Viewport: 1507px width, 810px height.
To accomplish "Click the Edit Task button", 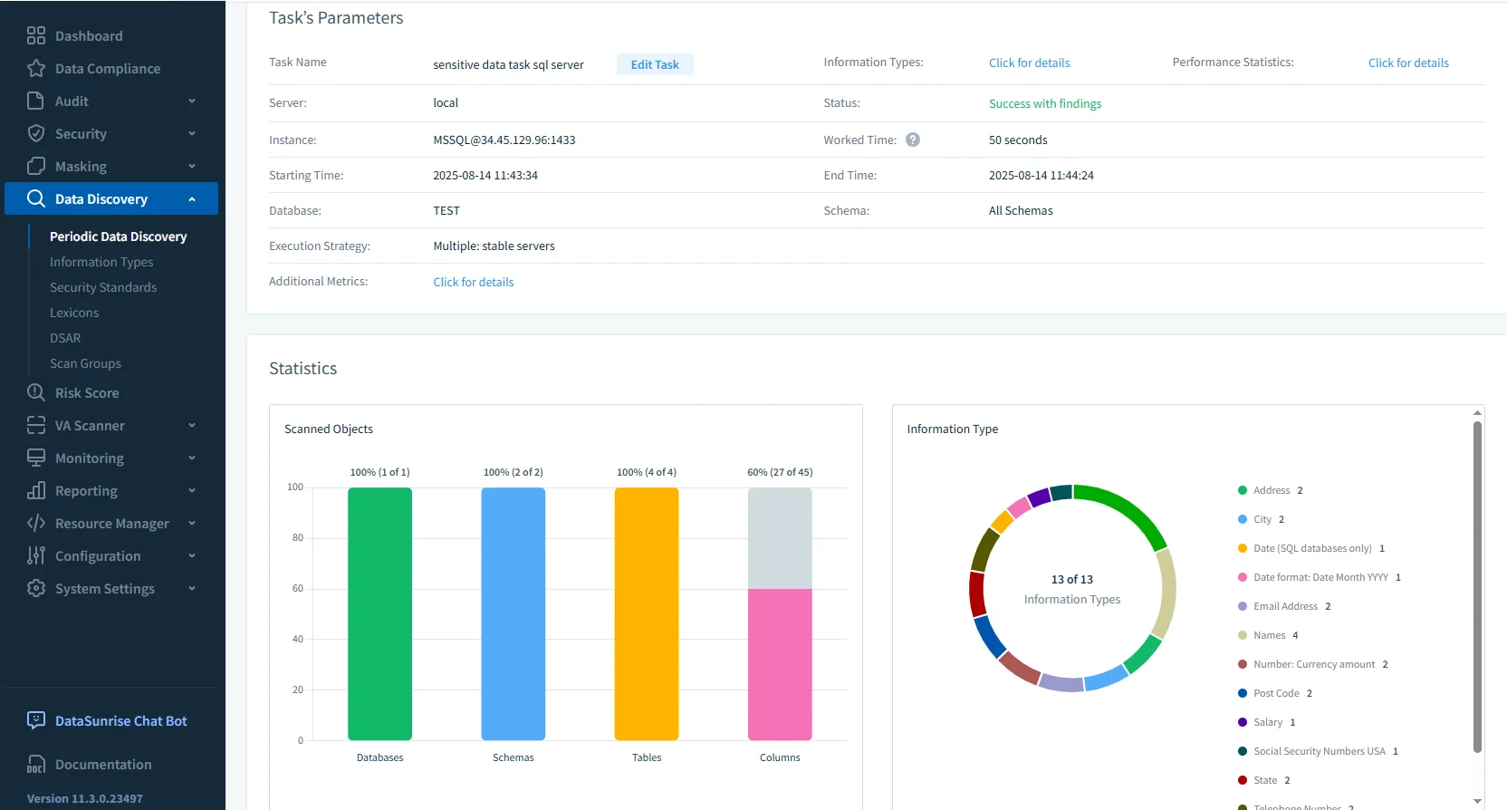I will click(655, 64).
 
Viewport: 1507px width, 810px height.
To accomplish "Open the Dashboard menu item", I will click(88, 36).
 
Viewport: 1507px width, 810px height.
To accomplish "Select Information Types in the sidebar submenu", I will click(101, 262).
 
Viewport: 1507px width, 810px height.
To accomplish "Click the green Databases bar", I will click(379, 613).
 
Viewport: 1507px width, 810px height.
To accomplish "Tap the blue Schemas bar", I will click(513, 613).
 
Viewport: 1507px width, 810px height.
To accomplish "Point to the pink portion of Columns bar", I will click(779, 664).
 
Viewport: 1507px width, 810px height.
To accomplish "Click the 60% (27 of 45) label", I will click(779, 472).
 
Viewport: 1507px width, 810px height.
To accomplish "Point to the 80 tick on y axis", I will click(297, 537).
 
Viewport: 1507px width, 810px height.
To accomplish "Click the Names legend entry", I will click(1269, 635).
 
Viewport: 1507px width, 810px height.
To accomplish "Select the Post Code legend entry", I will click(1275, 693).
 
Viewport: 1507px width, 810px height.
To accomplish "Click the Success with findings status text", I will click(1044, 103).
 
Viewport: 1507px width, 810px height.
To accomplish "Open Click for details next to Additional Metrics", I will click(473, 282).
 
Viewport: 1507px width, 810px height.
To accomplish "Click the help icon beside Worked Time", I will click(913, 140).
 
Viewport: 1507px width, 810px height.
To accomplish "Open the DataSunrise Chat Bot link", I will click(120, 721).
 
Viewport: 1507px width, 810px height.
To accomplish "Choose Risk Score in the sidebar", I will click(87, 393).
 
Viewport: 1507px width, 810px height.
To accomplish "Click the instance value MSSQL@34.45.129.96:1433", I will click(504, 140).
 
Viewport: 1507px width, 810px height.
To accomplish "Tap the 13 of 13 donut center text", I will click(1071, 579).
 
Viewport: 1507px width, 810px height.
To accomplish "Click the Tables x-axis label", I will click(646, 757).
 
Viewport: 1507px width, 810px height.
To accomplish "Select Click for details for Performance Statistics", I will click(1407, 63).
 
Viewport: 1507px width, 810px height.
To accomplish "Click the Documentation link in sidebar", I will click(103, 765).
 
